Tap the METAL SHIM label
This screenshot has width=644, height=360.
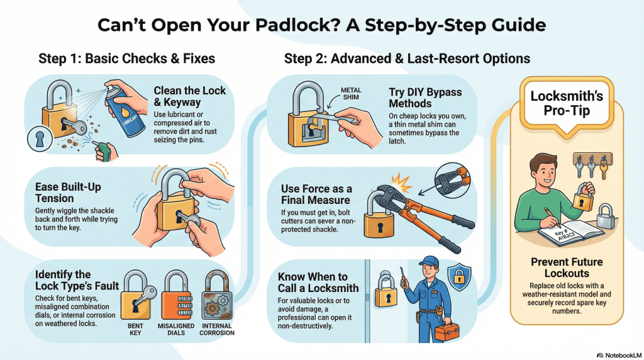click(352, 93)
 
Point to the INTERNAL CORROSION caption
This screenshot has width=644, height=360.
click(217, 329)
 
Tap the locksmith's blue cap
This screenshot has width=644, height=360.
click(430, 261)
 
